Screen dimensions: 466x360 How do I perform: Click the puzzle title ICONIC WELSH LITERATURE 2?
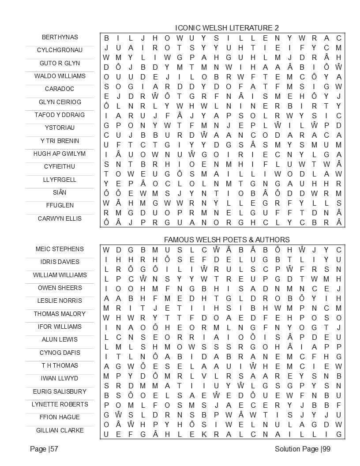pos(227,28)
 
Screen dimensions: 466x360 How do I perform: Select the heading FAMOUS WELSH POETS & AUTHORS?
pos(227,240)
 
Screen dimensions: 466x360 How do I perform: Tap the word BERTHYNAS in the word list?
pos(60,37)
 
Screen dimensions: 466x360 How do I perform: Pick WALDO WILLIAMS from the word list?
pos(60,76)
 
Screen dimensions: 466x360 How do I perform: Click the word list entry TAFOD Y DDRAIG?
pos(60,115)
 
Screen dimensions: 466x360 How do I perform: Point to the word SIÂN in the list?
pos(60,192)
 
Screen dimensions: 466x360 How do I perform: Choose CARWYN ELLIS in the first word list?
pos(60,218)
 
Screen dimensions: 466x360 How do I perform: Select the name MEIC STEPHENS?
pos(60,249)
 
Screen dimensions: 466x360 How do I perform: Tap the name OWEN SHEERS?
pos(60,288)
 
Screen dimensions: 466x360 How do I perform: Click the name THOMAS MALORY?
pos(60,314)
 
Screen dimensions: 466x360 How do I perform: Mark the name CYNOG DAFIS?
pos(60,353)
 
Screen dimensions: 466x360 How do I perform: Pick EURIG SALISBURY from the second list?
pos(60,391)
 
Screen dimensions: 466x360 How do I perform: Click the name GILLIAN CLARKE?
pos(60,430)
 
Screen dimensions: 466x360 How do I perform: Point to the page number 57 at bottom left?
pos(44,449)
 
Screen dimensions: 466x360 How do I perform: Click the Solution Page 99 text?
pos(302,449)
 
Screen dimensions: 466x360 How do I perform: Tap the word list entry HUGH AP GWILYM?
pos(60,154)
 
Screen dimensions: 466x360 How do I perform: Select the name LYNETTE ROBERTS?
pos(60,404)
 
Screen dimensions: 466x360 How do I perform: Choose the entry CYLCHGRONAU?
pos(60,50)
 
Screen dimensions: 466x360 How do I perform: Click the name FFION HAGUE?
pos(60,417)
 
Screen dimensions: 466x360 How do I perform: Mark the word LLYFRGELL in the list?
pos(60,180)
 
